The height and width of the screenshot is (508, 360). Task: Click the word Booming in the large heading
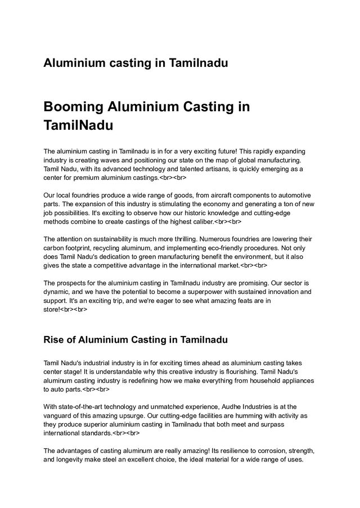(x=71, y=107)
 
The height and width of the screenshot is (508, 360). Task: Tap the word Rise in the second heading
(x=55, y=339)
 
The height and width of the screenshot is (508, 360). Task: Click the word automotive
(x=294, y=194)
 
